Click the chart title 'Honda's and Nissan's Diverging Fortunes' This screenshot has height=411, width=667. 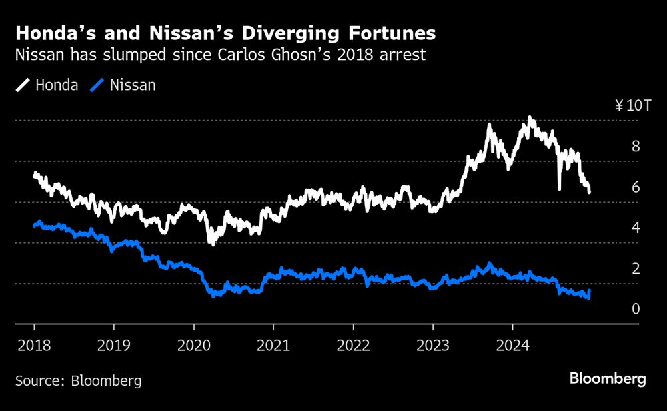tap(226, 33)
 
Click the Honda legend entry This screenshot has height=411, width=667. tap(47, 85)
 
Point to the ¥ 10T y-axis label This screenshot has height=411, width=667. tap(627, 105)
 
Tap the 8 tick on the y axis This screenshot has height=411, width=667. tap(636, 146)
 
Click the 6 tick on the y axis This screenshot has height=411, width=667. tap(636, 187)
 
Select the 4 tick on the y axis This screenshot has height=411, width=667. tap(636, 228)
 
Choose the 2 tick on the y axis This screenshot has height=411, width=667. tap(636, 268)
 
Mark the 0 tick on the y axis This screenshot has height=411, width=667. tap(636, 309)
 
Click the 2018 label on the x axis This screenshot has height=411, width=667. tap(34, 346)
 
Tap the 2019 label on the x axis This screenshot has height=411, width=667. tap(113, 346)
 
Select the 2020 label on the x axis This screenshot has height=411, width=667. tap(193, 346)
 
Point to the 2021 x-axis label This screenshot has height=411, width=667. tap(273, 346)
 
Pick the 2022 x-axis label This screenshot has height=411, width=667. tap(353, 346)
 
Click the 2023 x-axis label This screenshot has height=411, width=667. tap(432, 346)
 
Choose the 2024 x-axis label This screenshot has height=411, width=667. tap(512, 346)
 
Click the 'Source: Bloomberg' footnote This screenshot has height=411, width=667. tap(79, 381)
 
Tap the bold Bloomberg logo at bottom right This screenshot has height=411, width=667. tap(608, 379)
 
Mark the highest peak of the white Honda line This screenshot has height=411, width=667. tap(530, 119)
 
